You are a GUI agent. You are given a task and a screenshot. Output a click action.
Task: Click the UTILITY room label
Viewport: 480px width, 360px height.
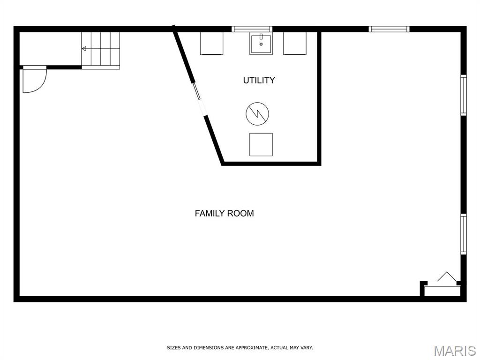tap(259, 80)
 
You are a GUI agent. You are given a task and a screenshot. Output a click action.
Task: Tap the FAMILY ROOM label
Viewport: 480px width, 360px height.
tap(224, 213)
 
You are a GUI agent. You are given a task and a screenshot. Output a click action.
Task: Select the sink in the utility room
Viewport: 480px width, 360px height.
tap(261, 44)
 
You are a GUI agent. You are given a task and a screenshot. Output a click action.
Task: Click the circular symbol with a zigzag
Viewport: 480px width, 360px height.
tap(257, 113)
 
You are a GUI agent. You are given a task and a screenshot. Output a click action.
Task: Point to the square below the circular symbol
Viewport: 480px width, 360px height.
tap(261, 144)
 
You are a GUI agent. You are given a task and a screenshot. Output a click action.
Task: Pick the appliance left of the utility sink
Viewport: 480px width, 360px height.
tap(211, 43)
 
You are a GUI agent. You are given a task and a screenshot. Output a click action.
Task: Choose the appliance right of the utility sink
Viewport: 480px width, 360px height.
tap(295, 43)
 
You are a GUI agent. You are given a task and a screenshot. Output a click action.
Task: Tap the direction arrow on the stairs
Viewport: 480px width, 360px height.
tap(84, 49)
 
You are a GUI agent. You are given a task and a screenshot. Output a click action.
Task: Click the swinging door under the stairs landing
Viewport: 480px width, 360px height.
tap(34, 80)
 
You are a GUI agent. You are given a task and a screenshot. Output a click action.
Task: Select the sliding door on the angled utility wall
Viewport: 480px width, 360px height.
tap(199, 98)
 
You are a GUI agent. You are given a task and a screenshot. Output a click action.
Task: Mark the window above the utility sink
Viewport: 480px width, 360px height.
tap(252, 29)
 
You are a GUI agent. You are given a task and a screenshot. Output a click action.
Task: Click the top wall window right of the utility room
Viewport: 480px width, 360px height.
tap(389, 29)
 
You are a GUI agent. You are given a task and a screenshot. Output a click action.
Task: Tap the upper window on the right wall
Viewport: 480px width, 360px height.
tap(463, 95)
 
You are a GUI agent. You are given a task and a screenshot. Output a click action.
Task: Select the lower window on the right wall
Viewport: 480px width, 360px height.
tap(463, 234)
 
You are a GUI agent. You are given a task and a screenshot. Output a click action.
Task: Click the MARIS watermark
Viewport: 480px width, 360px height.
tap(455, 351)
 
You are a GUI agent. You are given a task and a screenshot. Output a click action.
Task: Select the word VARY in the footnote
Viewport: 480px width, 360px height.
tap(307, 348)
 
